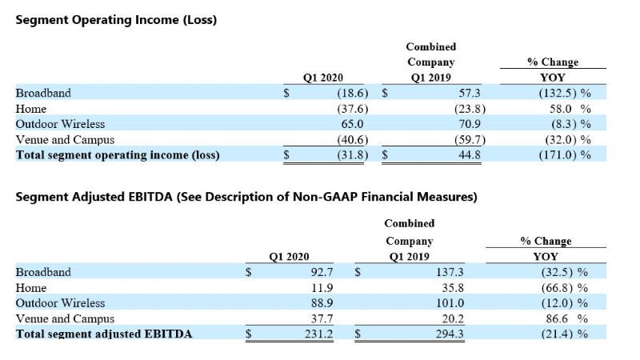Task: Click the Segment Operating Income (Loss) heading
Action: pos(116,19)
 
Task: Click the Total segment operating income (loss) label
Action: pos(118,155)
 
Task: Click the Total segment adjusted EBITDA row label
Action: pos(104,334)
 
